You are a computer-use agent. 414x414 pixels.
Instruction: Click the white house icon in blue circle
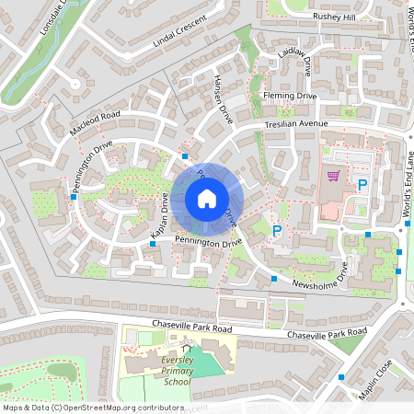pyautogui.click(x=206, y=198)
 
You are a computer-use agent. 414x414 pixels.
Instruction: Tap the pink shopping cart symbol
pyautogui.click(x=333, y=175)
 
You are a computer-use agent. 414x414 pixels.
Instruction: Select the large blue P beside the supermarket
pyautogui.click(x=362, y=185)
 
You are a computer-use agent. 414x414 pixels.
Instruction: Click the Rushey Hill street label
pyautogui.click(x=339, y=17)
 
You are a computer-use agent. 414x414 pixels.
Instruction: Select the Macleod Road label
pyautogui.click(x=95, y=124)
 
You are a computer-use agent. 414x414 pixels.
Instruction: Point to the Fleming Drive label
pyautogui.click(x=288, y=95)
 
